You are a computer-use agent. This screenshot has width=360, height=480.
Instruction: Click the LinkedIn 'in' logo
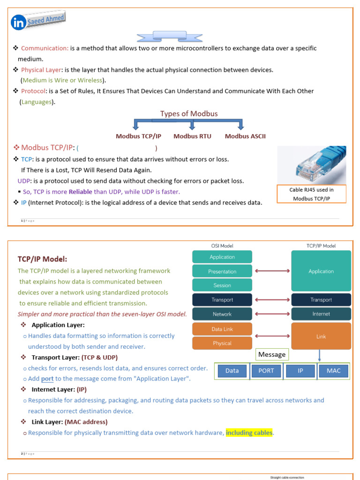coord(19,23)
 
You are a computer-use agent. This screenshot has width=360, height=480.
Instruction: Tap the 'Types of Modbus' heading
coord(189,114)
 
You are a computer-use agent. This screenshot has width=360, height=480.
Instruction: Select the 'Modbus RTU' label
coord(192,136)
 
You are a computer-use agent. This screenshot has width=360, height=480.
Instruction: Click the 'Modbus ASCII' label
coord(245,136)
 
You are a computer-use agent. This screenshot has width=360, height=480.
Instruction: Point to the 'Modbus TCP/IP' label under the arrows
coord(139,136)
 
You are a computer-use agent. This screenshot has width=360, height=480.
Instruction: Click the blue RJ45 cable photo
coord(312,165)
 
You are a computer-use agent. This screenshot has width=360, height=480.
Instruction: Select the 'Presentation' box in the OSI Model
coord(222,271)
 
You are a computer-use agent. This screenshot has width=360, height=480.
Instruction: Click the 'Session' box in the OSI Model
coord(222,285)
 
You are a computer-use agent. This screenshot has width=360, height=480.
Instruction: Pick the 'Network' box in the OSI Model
coord(222,314)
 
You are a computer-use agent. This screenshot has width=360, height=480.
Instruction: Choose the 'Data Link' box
coord(222,329)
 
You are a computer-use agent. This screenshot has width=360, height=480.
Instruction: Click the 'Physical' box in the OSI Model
coord(222,343)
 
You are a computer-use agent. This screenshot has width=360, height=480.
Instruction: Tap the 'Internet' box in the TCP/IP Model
coord(321,314)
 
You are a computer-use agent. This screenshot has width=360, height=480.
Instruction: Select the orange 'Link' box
coord(321,336)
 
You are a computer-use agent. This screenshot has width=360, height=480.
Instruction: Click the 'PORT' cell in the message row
coord(266,371)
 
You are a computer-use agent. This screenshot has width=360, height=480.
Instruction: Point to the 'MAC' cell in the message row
coord(334,371)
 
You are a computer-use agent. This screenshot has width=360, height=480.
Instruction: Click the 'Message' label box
coord(272,355)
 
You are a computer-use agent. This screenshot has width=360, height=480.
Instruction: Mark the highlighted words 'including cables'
coord(249,433)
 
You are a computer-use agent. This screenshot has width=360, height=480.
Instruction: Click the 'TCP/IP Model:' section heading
coord(43,259)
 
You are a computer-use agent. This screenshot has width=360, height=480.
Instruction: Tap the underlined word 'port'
coord(47,379)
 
